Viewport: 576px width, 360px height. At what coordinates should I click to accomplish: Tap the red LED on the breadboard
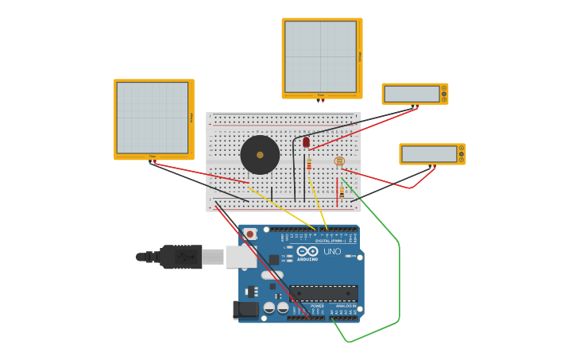click(x=306, y=141)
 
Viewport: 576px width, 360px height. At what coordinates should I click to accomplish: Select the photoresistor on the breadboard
click(x=339, y=161)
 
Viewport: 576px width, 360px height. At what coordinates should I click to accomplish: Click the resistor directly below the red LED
click(x=309, y=165)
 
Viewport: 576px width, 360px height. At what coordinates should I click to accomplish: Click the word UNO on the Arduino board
click(x=332, y=252)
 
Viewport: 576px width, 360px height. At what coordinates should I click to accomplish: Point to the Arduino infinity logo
click(x=307, y=251)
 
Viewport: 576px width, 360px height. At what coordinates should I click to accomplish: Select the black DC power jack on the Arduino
click(x=245, y=309)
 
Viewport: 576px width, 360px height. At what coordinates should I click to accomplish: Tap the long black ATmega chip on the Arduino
click(x=323, y=292)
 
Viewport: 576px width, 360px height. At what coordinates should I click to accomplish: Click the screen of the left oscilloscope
click(x=153, y=118)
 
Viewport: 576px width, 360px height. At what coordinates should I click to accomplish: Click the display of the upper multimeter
click(x=412, y=94)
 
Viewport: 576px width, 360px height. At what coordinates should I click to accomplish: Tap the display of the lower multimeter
click(x=429, y=154)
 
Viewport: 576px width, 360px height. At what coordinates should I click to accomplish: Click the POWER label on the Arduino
click(x=317, y=306)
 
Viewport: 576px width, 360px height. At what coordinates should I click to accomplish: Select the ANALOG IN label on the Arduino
click(x=346, y=306)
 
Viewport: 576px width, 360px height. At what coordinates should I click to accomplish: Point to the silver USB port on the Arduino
click(x=240, y=257)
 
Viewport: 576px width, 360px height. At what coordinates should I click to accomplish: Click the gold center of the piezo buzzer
click(x=260, y=155)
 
